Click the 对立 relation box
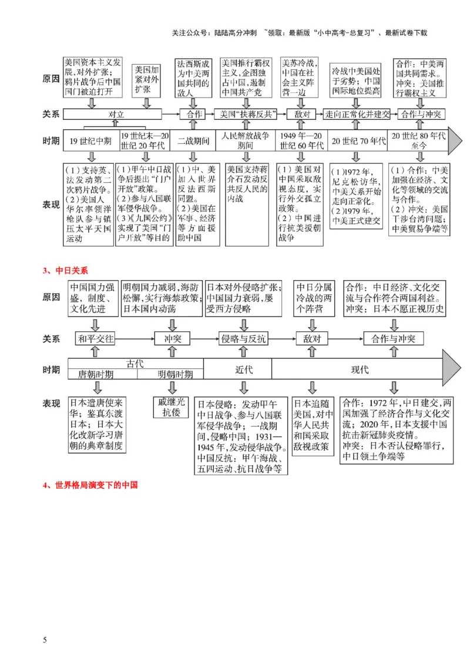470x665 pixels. click(115, 115)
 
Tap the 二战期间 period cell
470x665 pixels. click(192, 141)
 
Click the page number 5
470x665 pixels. click(45, 639)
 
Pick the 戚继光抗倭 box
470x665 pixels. click(172, 407)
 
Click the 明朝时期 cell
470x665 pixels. click(174, 375)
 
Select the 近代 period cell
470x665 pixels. click(237, 370)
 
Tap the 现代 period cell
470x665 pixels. click(359, 370)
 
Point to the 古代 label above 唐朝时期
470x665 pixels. click(135, 364)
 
